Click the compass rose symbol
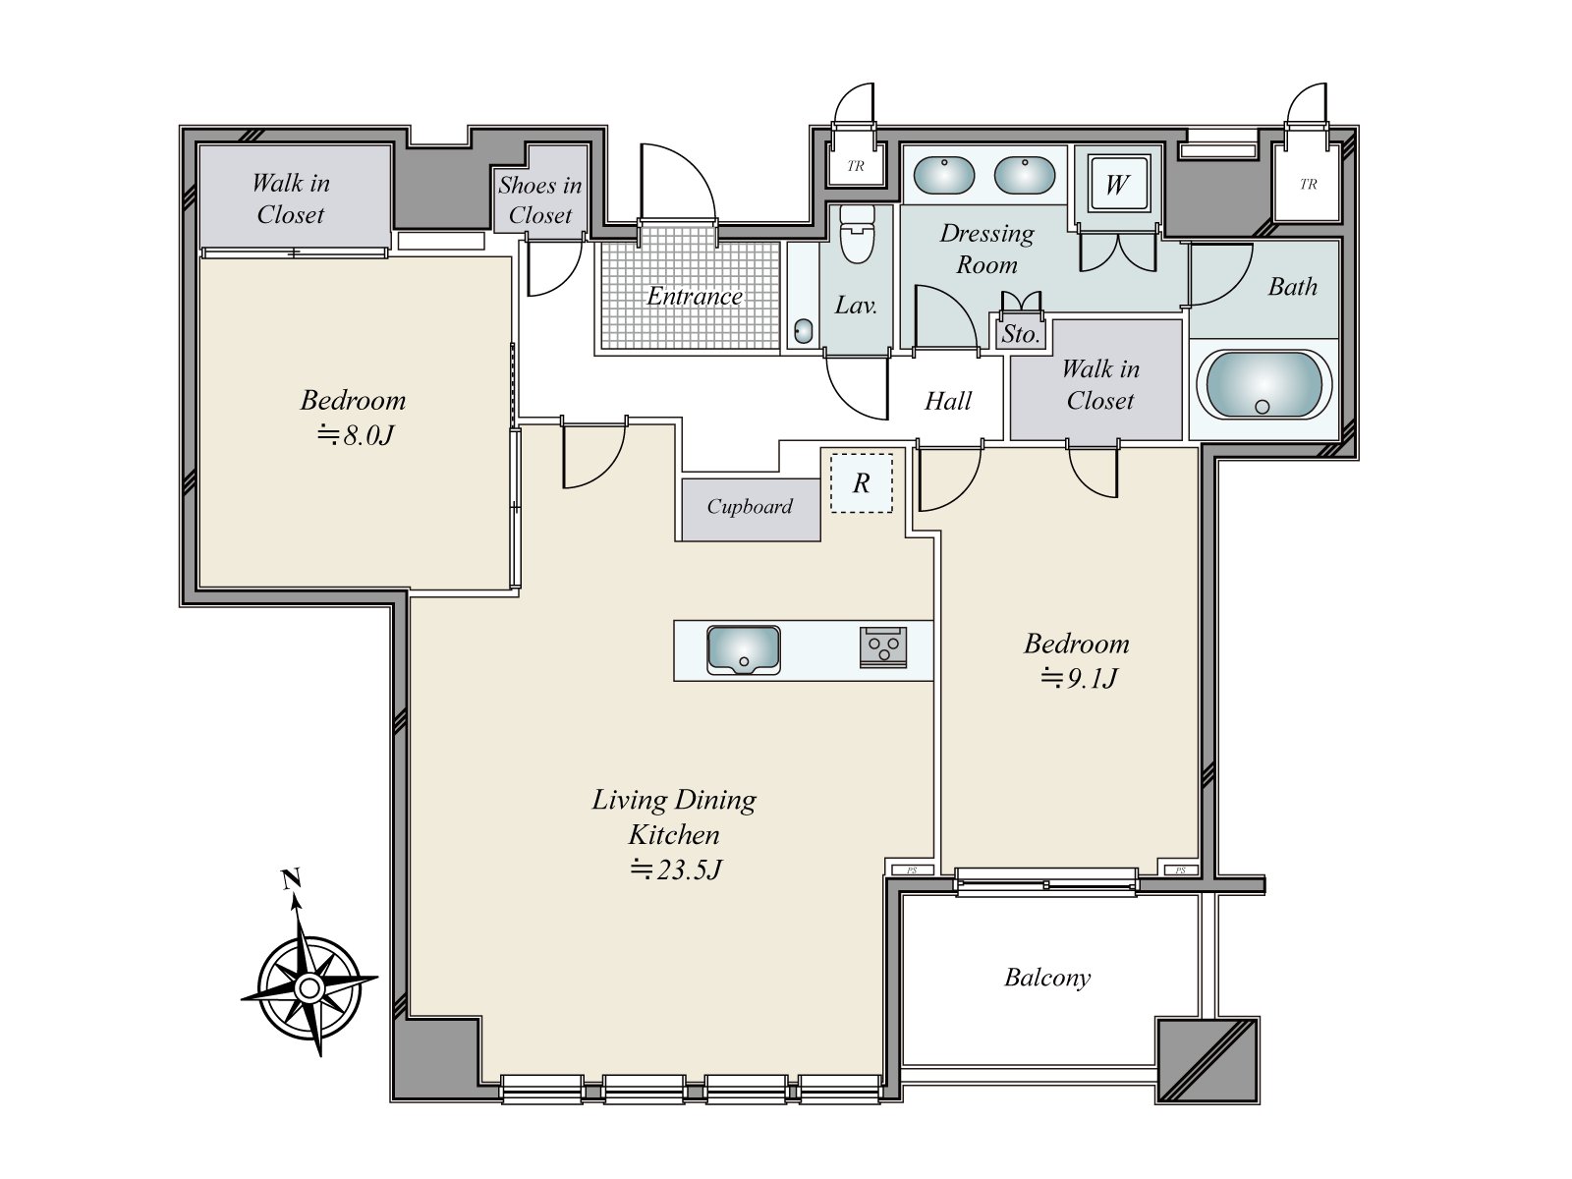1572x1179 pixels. tap(309, 988)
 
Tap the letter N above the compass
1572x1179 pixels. tap(290, 879)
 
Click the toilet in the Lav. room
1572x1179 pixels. tap(857, 234)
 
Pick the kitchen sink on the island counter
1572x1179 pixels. tap(744, 650)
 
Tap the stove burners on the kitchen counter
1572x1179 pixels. tap(883, 647)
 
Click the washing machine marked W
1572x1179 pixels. tap(1117, 185)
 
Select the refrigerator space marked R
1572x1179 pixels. tap(862, 483)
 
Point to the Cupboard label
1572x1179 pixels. tap(750, 507)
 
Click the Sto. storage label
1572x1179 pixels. tap(1020, 334)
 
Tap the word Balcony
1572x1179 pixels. tap(1047, 978)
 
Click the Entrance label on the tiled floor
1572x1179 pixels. tap(694, 297)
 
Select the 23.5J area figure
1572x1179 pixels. tap(676, 870)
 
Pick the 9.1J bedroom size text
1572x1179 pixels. tap(1078, 677)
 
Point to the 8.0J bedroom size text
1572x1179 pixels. tap(356, 434)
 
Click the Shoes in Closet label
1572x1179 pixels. tap(540, 199)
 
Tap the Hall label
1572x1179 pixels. tap(948, 401)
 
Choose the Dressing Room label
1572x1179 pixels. tap(986, 249)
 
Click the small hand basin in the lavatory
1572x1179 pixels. tap(804, 331)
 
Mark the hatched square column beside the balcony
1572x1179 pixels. tap(1207, 1060)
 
